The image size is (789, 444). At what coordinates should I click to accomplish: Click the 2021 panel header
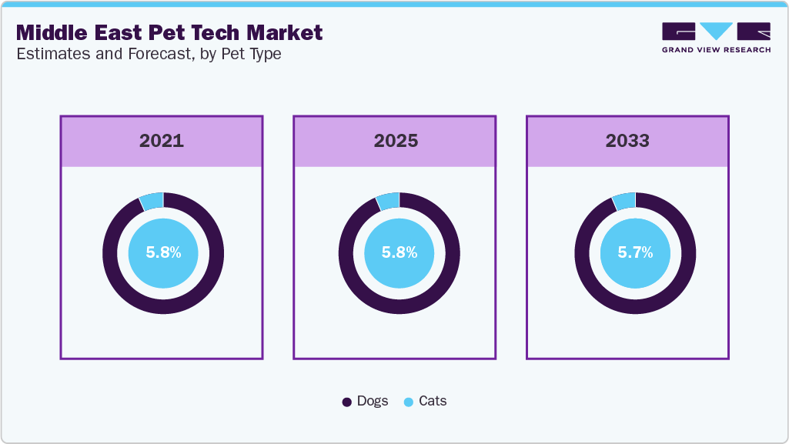[x=162, y=141]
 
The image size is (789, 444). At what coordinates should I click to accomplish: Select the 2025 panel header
[x=396, y=141]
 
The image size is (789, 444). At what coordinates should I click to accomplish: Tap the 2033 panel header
[x=627, y=141]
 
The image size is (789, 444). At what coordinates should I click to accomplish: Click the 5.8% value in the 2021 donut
[x=163, y=252]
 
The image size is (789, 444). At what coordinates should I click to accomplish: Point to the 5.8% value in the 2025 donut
[x=400, y=252]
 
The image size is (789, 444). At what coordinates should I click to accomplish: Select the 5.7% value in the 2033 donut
[x=635, y=252]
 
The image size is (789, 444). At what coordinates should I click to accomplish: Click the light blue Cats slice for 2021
[x=152, y=201]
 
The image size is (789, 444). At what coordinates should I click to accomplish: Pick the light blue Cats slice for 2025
[x=388, y=201]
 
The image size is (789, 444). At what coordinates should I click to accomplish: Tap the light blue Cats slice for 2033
[x=624, y=201]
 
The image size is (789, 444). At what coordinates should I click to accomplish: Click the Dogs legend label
[x=373, y=401]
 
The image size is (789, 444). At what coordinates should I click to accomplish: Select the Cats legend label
[x=433, y=401]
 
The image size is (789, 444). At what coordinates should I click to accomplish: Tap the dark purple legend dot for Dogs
[x=347, y=402]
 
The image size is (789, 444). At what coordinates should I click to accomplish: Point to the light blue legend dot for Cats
[x=409, y=402]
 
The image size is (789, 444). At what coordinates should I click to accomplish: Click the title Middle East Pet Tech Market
[x=169, y=33]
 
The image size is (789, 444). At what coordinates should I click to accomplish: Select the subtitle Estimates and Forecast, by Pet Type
[x=149, y=55]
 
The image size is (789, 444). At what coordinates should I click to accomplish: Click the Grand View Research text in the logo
[x=716, y=50]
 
